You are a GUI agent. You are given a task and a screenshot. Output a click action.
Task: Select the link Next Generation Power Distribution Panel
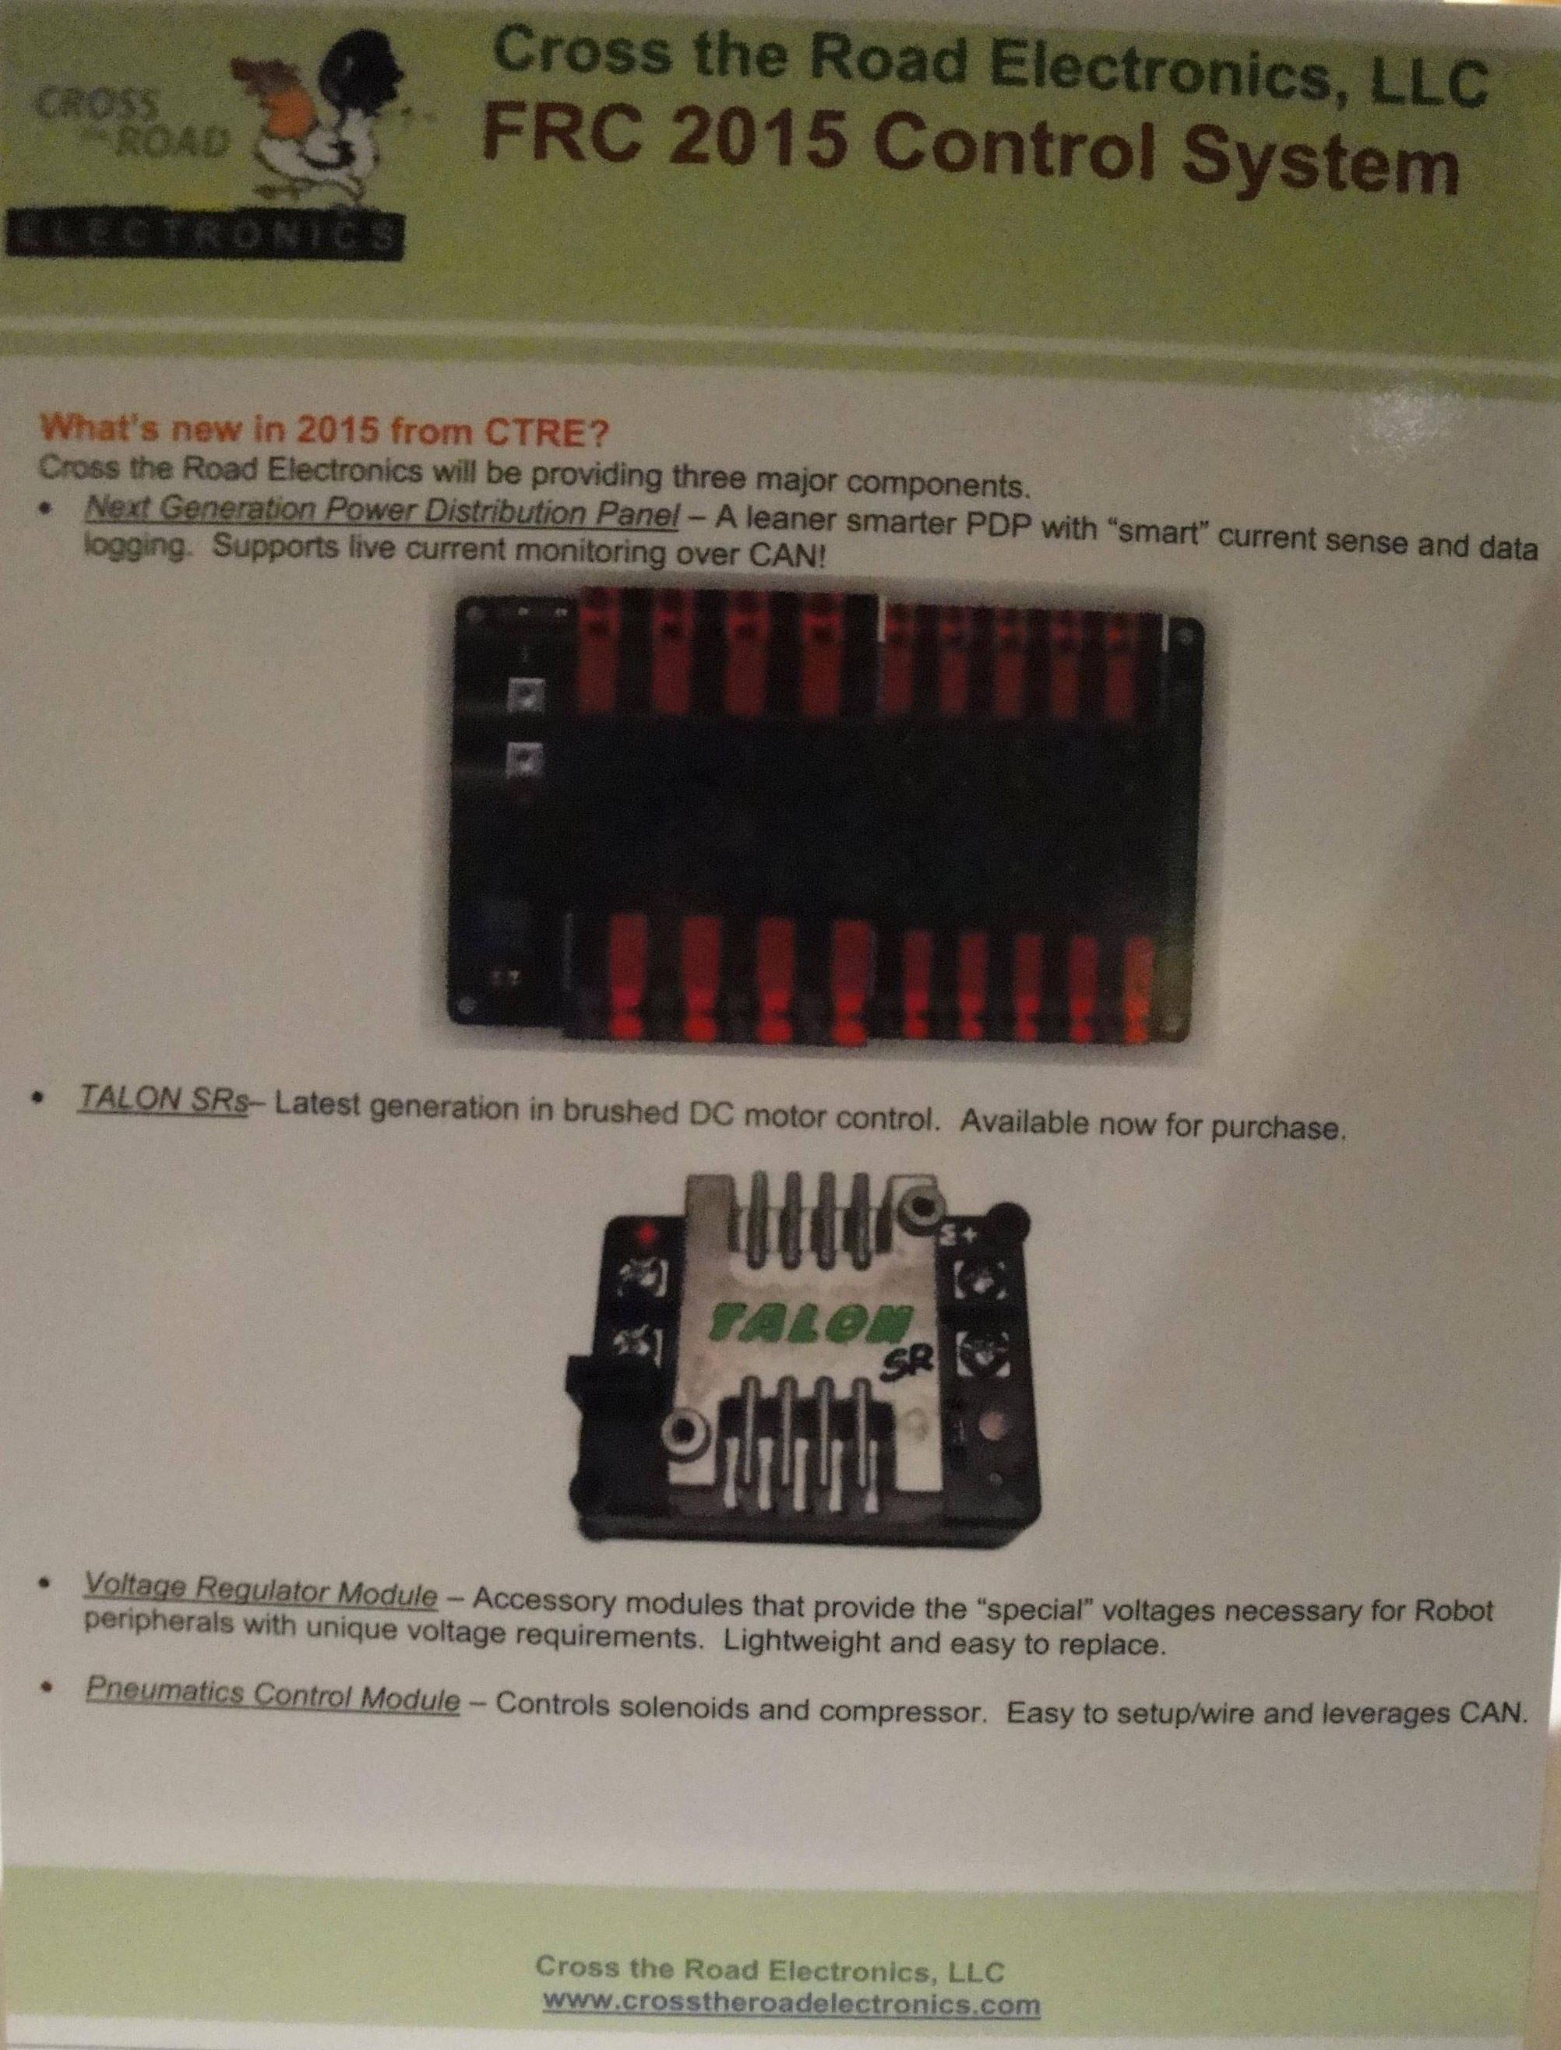[x=380, y=516]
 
